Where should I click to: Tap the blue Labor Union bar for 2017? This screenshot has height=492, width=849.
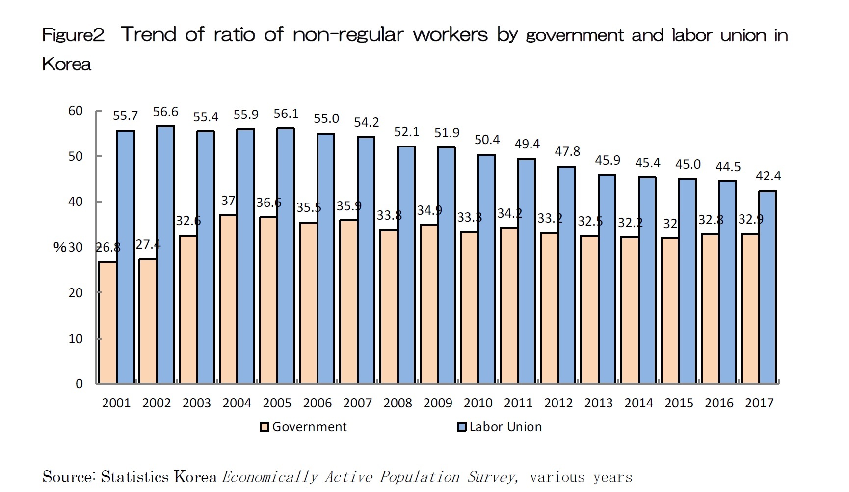point(768,287)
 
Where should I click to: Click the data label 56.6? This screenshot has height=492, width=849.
point(165,112)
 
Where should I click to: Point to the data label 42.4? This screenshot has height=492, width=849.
point(768,176)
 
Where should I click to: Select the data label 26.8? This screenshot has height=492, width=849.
point(108,247)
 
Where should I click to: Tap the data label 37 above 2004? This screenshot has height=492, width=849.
point(228,201)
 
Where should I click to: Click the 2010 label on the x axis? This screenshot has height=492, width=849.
point(478,403)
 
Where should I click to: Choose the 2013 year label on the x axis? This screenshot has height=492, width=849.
point(598,403)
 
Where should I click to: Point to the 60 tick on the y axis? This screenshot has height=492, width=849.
point(76,111)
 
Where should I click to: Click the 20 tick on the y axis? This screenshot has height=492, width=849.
point(76,293)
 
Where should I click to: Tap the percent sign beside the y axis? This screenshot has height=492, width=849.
point(59,247)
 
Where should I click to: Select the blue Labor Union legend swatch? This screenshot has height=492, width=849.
point(461,427)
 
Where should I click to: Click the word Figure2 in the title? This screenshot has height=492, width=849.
point(73,35)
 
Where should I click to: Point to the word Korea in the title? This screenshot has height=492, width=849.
point(67,64)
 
